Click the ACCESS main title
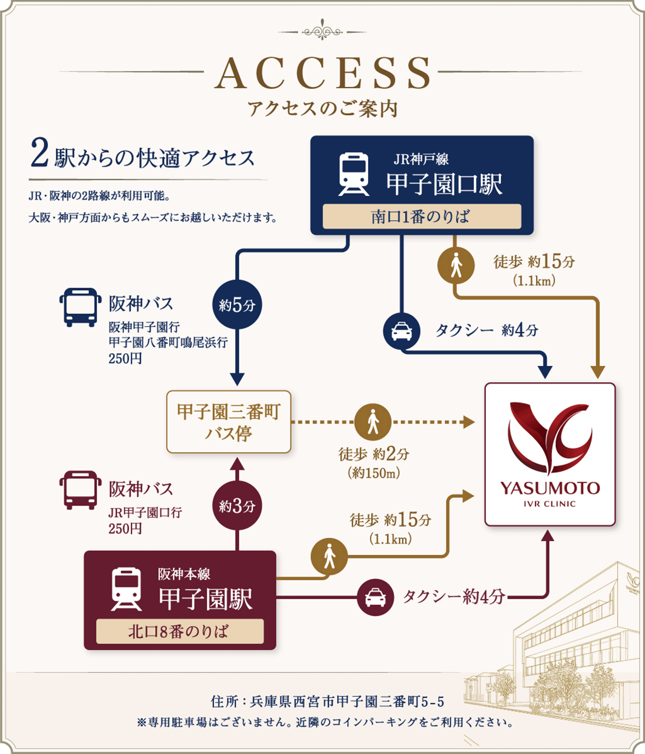pyautogui.click(x=322, y=73)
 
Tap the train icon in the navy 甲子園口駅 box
pyautogui.click(x=354, y=174)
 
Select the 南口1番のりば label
pyautogui.click(x=421, y=216)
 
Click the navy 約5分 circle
pyautogui.click(x=237, y=305)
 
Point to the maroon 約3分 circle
pyautogui.click(x=237, y=506)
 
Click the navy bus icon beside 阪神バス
pyautogui.click(x=80, y=307)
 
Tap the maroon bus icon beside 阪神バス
pyautogui.click(x=80, y=490)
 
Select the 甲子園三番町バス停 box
pyautogui.click(x=228, y=422)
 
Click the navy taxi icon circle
pyautogui.click(x=402, y=332)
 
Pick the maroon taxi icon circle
pyautogui.click(x=376, y=597)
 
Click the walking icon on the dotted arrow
pyautogui.click(x=373, y=422)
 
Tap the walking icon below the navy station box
pyautogui.click(x=456, y=265)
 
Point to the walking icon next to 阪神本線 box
pyautogui.click(x=329, y=556)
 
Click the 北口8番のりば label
pyautogui.click(x=179, y=631)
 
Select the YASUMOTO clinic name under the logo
pyautogui.click(x=550, y=488)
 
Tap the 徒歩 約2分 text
pyautogui.click(x=374, y=454)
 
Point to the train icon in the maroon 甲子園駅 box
pyautogui.click(x=126, y=589)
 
